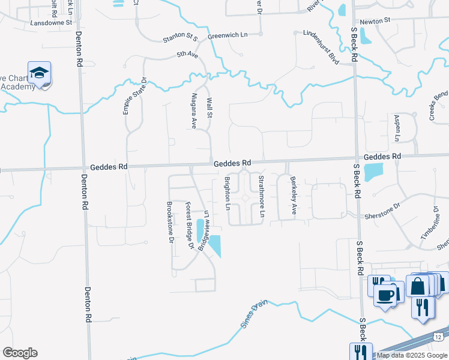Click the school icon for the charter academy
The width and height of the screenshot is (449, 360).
click(40, 74)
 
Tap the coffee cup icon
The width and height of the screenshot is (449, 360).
click(385, 295)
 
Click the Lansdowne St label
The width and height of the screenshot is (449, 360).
click(52, 22)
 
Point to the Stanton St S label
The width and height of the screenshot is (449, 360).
click(180, 39)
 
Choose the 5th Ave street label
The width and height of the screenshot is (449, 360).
click(187, 55)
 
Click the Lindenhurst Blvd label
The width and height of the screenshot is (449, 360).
click(321, 47)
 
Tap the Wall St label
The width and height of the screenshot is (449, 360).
click(209, 109)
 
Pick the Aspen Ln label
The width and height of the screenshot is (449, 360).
click(397, 127)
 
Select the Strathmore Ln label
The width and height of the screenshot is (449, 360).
click(261, 196)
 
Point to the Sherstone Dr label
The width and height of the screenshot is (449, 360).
click(381, 215)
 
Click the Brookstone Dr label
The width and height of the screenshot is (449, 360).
click(170, 221)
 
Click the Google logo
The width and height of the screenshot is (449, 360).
click(20, 353)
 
